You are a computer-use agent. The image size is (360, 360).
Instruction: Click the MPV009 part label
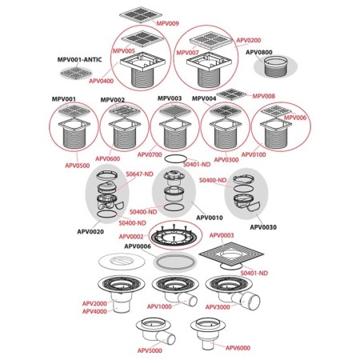tap(167, 23)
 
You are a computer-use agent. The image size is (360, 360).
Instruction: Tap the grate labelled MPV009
tap(141, 14)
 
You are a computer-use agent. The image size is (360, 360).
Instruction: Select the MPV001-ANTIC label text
tap(79, 59)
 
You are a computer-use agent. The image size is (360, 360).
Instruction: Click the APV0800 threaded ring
tap(274, 66)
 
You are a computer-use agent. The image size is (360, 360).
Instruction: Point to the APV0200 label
tap(249, 40)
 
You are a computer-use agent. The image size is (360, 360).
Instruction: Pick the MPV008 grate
tap(232, 94)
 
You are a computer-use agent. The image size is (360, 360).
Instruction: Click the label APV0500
tap(78, 166)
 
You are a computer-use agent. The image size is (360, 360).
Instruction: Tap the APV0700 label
tap(150, 154)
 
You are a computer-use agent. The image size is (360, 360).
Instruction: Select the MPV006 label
tap(295, 118)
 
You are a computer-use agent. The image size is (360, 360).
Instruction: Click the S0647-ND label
tap(139, 174)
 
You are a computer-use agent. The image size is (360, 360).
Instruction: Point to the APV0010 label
tap(210, 218)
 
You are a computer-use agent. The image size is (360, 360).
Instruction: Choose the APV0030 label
tap(263, 227)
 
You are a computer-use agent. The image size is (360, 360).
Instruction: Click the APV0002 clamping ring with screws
tap(174, 235)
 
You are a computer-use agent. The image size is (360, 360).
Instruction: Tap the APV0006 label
tap(138, 246)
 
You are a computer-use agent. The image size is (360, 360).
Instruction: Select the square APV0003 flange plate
tap(231, 253)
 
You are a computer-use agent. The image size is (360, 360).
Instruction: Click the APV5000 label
tap(150, 350)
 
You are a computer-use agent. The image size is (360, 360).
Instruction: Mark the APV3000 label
tap(218, 307)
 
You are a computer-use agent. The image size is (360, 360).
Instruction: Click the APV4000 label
tap(94, 311)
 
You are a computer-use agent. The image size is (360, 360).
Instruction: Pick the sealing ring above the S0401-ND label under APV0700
tap(175, 158)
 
